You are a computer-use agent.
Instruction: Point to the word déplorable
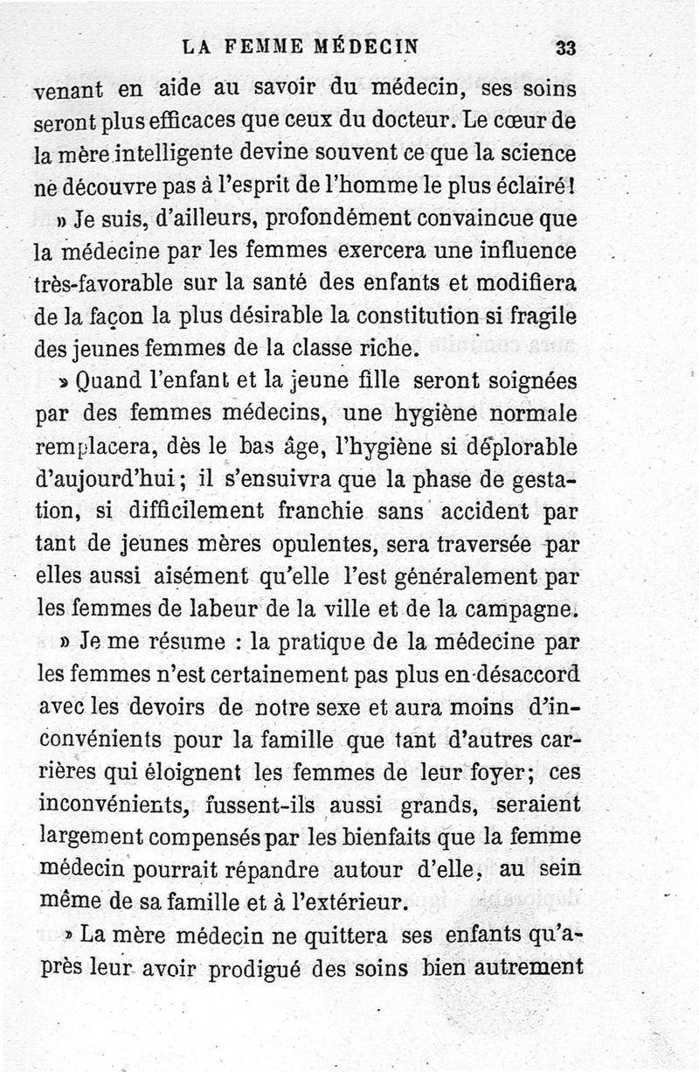click(x=522, y=448)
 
